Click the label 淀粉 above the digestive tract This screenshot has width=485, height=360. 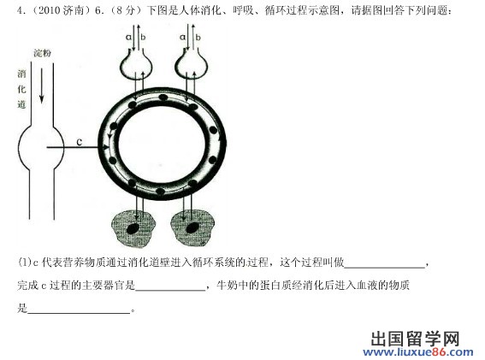click(x=42, y=53)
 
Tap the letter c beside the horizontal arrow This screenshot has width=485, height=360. click(x=80, y=142)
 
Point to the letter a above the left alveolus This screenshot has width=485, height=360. click(x=128, y=37)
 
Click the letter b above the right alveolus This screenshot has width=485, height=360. click(x=198, y=37)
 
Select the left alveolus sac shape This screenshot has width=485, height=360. click(x=136, y=63)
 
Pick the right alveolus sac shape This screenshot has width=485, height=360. click(x=191, y=63)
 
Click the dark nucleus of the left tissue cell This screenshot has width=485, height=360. click(x=133, y=228)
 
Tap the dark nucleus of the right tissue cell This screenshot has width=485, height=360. click(x=192, y=227)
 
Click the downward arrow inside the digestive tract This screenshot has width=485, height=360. click(x=41, y=86)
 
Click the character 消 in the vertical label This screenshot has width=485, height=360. click(x=21, y=74)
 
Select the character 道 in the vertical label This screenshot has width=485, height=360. click(x=21, y=104)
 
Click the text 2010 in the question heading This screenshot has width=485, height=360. click(x=49, y=10)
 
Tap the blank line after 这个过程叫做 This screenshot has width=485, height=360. click(x=384, y=267)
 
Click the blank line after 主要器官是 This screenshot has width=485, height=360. click(x=170, y=290)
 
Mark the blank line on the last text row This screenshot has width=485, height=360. click(x=79, y=313)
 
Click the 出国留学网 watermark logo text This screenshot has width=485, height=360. click(x=415, y=339)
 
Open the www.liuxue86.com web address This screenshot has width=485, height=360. click(x=418, y=352)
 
